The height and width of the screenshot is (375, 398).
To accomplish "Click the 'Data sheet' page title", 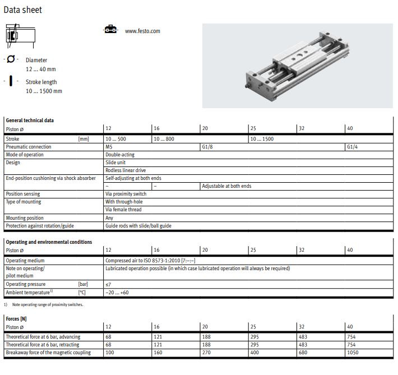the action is [22, 10].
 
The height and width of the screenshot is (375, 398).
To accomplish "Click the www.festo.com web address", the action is [142, 31].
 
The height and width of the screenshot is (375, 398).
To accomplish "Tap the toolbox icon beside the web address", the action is [110, 29].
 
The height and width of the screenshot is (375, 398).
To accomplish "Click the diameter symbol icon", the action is [11, 59].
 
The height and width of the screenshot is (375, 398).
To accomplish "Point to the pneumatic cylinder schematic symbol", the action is [20, 36].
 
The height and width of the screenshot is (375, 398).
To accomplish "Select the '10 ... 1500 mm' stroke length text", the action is [44, 91].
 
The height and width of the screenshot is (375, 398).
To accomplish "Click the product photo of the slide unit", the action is [297, 66].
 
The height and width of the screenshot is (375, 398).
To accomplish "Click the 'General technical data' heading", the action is [30, 121].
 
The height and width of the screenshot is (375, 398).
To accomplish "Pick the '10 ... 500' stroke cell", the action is [115, 139].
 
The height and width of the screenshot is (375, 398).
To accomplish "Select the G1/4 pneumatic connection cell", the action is [352, 147].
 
